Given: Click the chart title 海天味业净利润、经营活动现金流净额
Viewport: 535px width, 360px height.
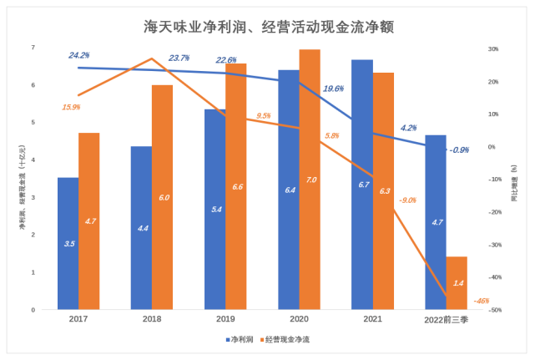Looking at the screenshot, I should [x=267, y=28].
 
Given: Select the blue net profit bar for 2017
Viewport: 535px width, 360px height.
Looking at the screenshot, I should [x=68, y=243].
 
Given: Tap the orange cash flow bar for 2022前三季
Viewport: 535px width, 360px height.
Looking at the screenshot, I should [x=457, y=283].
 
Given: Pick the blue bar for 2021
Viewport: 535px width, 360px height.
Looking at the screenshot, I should [x=361, y=185].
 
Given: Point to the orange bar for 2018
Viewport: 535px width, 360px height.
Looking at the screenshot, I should [x=163, y=197].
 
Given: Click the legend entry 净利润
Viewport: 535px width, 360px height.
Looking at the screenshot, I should [x=240, y=340].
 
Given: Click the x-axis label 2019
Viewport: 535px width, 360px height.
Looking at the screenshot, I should [x=225, y=320].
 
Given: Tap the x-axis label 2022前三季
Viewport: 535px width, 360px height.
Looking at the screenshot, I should [x=446, y=320].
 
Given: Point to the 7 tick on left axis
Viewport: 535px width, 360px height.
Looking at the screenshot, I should [x=33, y=48].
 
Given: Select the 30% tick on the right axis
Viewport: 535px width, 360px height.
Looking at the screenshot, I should [x=492, y=49].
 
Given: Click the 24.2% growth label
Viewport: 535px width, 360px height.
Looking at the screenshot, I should [x=79, y=55].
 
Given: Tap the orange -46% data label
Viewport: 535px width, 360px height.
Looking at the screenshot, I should [x=481, y=301].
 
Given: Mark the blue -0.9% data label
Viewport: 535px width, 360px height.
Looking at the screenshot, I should [x=458, y=150].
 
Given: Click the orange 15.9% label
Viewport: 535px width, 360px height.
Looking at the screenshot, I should [x=71, y=107].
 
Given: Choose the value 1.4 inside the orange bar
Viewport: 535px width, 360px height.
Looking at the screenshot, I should [x=457, y=284].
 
